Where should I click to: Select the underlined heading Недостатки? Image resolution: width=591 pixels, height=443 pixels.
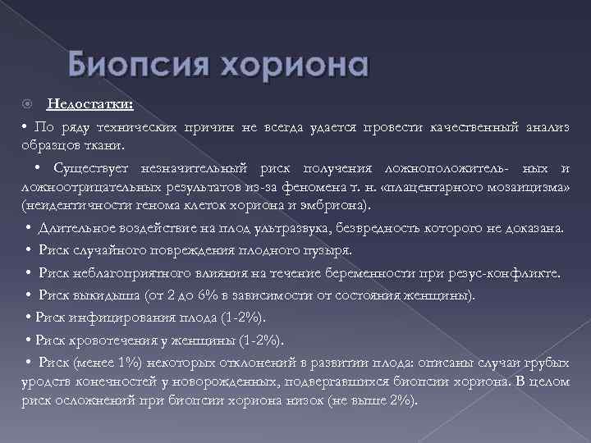[x=92, y=104]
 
